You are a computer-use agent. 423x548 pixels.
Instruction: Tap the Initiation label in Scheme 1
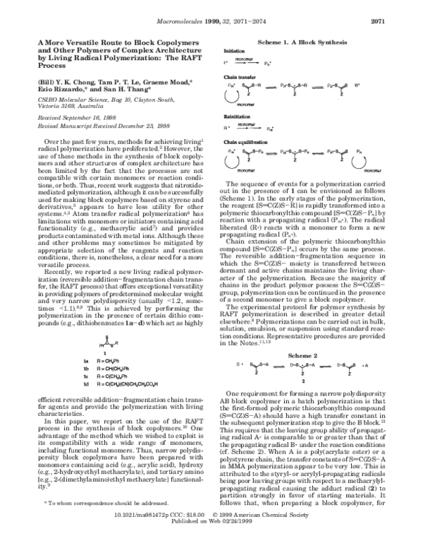[x=234, y=52]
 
